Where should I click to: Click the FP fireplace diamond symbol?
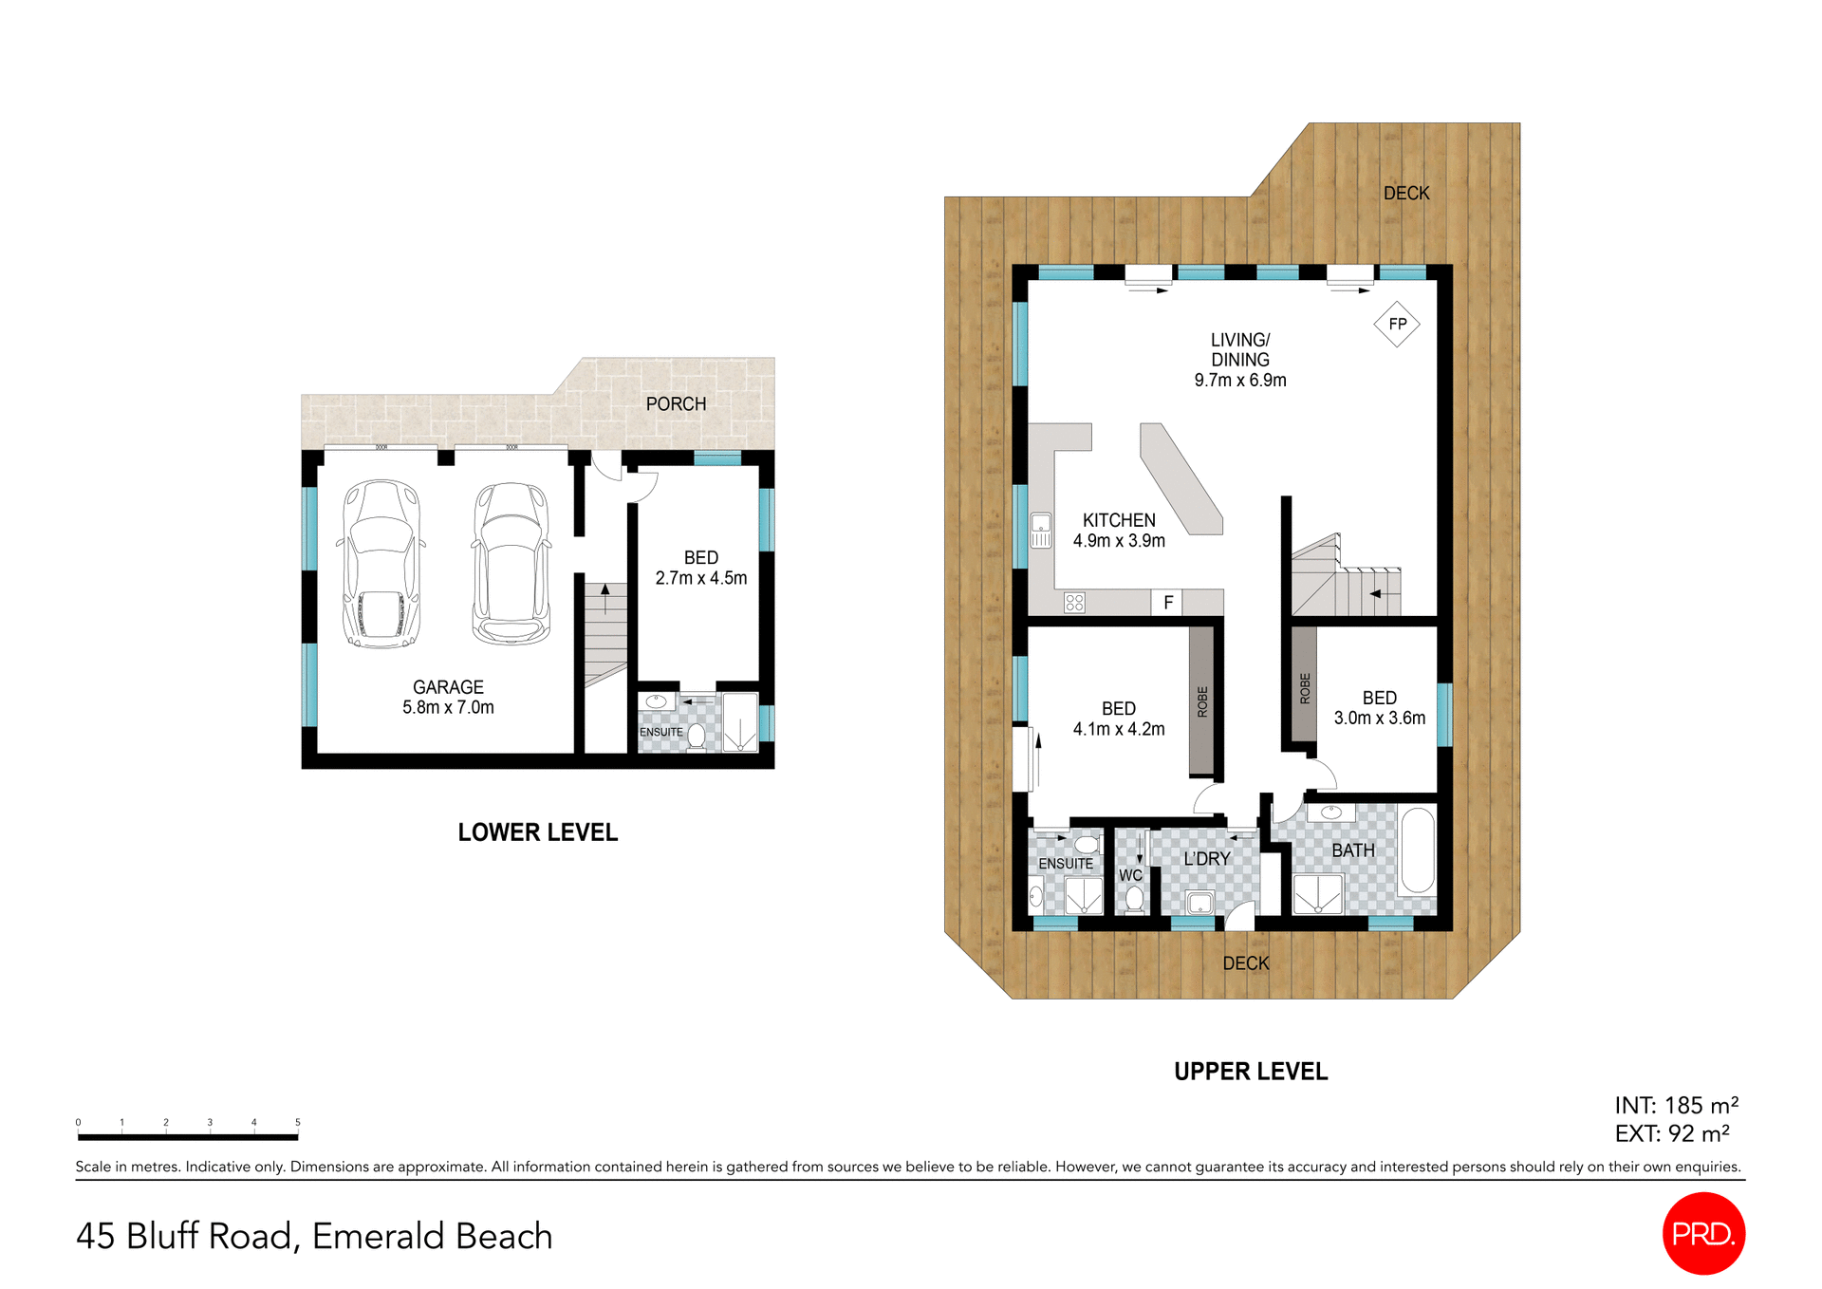1397,324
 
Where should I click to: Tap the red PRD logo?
1703,1233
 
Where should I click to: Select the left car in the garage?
381,565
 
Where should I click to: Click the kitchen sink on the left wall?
1041,531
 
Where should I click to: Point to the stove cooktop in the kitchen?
1074,602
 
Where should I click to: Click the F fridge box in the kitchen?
1168,602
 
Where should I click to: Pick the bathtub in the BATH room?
1418,850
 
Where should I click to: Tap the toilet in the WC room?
1134,898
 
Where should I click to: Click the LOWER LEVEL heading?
537,832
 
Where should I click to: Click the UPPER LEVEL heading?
1251,1072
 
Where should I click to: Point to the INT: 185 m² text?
1676,1105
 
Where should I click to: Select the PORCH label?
676,404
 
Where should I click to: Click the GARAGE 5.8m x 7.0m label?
448,697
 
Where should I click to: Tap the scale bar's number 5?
297,1122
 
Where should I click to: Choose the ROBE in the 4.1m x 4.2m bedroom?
1202,701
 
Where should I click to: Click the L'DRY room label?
1207,859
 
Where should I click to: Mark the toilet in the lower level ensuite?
696,736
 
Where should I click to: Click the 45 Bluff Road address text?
314,1236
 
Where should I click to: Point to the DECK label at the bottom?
1245,963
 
